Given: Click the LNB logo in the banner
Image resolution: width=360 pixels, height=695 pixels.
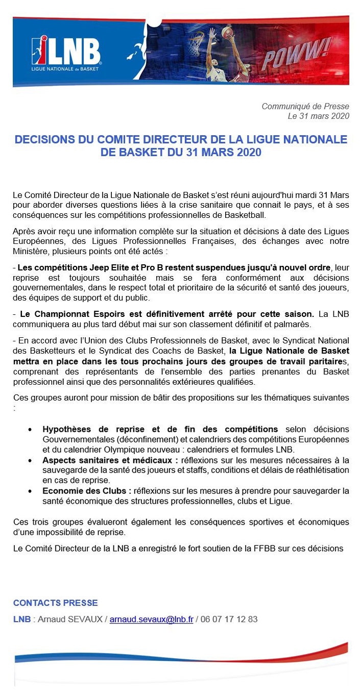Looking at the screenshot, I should [x=66, y=52].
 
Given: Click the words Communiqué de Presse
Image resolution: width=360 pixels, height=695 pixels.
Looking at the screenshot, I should [x=305, y=106].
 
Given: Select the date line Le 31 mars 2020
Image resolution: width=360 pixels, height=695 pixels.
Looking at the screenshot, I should [x=318, y=116].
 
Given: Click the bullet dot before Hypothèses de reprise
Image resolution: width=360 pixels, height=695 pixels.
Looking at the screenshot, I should [x=32, y=429].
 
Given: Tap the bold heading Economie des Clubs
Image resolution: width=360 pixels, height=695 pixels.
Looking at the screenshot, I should [x=86, y=490].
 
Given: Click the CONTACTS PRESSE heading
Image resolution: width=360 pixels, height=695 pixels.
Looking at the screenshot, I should [x=55, y=603].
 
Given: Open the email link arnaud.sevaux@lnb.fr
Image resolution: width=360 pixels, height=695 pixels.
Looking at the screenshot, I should [x=151, y=619].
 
